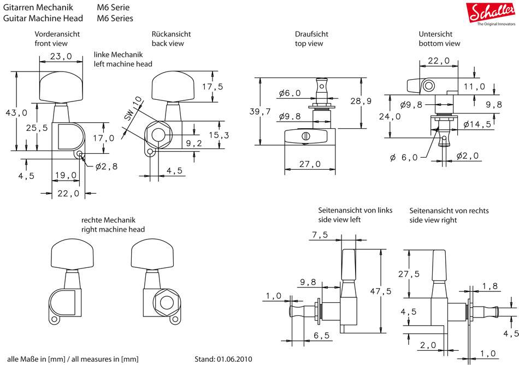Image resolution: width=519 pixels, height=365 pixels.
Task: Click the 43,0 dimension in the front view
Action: (16, 113)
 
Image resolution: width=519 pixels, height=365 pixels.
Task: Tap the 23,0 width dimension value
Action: (61, 56)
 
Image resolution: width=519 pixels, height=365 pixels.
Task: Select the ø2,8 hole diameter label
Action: (106, 166)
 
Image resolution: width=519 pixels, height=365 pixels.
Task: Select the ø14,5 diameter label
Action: (477, 124)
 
